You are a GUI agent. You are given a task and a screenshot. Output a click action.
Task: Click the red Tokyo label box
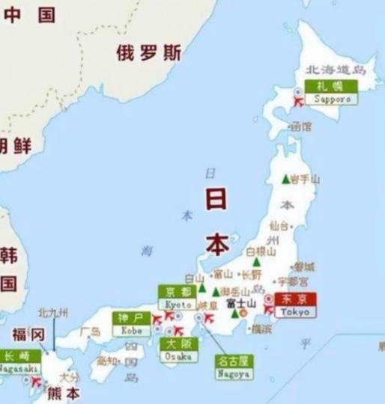(x=295, y=304)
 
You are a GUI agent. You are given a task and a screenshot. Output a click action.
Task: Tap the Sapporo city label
(x=332, y=92)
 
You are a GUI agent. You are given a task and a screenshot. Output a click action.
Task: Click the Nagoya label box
(x=233, y=366)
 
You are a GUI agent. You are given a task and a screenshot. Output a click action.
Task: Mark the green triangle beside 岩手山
(x=285, y=179)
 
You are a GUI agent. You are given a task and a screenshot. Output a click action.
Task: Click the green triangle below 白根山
(x=257, y=263)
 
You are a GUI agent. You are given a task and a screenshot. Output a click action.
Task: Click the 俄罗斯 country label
(x=148, y=52)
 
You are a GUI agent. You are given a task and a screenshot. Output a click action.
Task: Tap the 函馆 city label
(x=300, y=127)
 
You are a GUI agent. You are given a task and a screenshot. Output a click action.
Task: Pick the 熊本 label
(x=64, y=393)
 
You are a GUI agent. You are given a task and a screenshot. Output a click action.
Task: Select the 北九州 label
(x=52, y=313)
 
